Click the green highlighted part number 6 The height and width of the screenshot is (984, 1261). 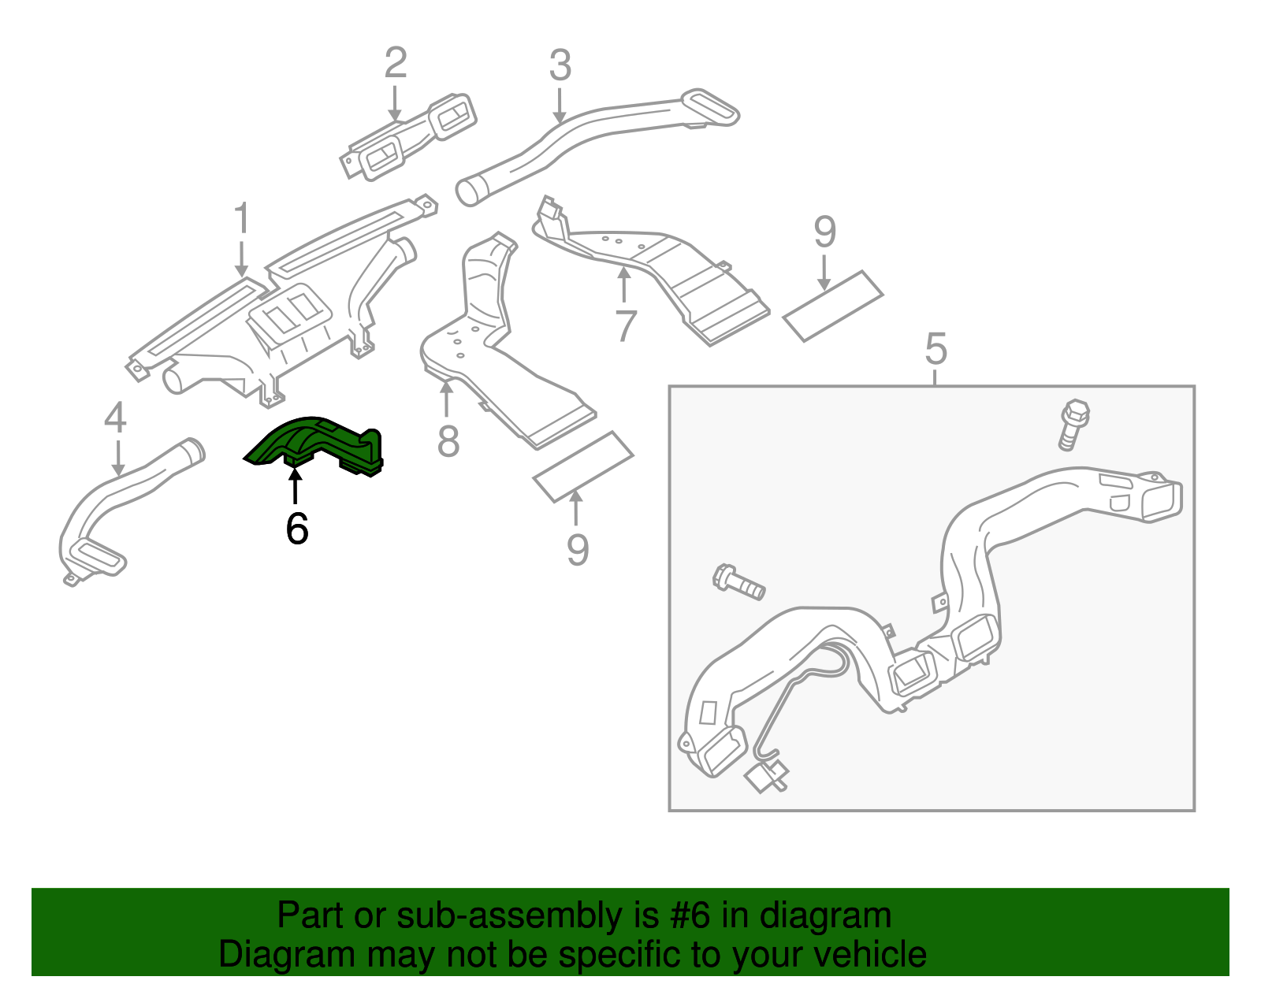[315, 446]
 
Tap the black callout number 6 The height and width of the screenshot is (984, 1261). [297, 529]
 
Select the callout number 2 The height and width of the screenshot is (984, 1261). [396, 63]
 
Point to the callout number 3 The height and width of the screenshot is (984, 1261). [560, 65]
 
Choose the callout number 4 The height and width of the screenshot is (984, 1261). [115, 418]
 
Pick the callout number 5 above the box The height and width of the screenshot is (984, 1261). [936, 348]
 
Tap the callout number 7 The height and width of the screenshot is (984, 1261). [625, 325]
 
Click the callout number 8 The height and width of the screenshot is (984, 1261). [448, 441]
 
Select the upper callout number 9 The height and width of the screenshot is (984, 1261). [824, 232]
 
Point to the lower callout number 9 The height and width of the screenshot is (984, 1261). [578, 550]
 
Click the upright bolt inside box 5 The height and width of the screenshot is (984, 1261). [1073, 425]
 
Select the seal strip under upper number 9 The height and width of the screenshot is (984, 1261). [833, 306]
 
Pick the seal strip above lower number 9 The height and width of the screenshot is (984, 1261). [583, 466]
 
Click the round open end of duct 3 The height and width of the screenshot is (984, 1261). [471, 191]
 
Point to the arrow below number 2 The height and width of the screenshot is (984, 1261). [395, 102]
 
